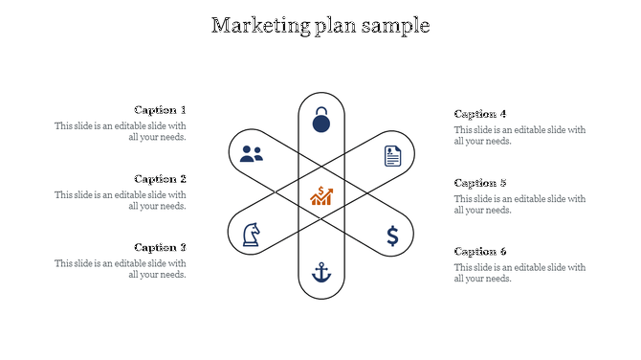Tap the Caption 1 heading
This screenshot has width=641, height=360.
160,110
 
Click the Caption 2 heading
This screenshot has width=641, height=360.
160,179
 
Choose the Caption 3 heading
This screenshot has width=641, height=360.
160,247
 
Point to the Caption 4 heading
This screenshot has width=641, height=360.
480,114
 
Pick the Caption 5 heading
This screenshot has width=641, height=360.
480,183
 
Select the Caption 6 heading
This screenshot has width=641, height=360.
480,251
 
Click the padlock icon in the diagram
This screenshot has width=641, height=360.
321,121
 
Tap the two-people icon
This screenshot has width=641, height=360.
252,153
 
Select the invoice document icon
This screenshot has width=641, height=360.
392,155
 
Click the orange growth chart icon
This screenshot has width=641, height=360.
321,195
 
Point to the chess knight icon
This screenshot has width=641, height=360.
251,235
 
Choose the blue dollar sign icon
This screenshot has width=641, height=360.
392,236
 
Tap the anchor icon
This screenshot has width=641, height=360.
321,273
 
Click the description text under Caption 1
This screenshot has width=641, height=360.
121,131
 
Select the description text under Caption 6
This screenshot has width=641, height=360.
519,273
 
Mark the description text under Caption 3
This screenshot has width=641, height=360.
121,269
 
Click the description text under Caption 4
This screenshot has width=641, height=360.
519,135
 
